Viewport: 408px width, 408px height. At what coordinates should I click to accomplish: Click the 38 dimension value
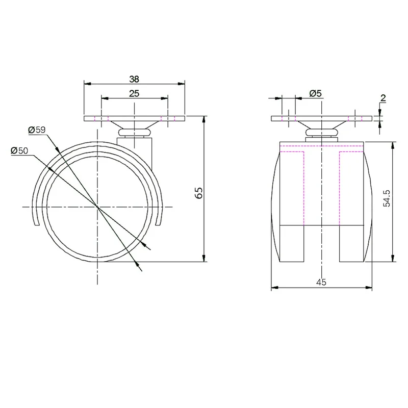[134, 79]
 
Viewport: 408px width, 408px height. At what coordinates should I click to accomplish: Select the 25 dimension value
[134, 93]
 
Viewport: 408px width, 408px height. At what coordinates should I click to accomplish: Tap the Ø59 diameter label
[37, 130]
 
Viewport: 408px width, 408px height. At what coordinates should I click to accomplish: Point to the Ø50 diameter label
[19, 150]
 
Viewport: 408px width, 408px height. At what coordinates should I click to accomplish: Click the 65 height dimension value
[199, 193]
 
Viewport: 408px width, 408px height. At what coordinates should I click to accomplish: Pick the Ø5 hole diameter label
[316, 93]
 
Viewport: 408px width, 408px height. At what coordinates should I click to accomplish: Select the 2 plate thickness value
[383, 98]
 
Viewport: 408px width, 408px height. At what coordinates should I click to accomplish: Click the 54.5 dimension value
[387, 198]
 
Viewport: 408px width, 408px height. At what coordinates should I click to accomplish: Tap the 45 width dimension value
[321, 282]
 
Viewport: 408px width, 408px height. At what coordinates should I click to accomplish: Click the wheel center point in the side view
[97, 207]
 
